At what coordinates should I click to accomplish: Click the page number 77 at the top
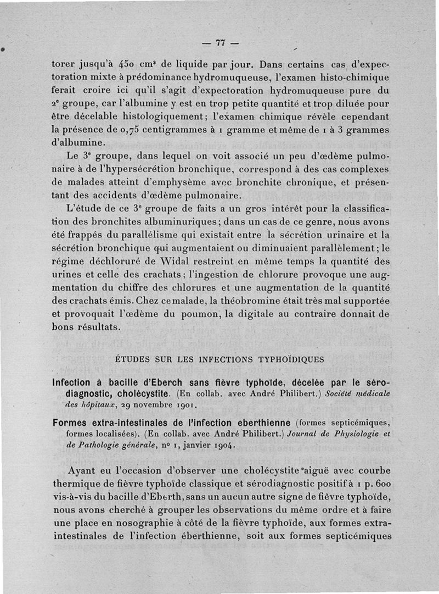tap(221, 43)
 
